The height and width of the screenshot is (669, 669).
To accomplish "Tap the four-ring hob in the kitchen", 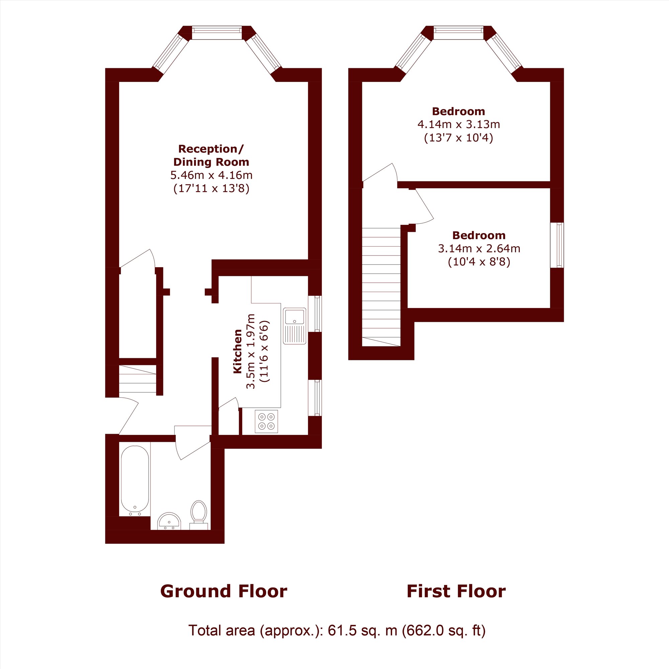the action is tap(266, 421).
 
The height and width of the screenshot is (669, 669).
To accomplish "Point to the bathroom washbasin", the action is tap(169, 521).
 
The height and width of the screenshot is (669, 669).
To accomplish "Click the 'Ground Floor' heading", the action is tap(224, 591).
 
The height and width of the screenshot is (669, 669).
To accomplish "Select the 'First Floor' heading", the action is tap(456, 591).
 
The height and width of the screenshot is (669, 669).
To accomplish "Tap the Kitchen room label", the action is tap(237, 352).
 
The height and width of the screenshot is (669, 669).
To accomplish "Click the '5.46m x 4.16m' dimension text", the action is tap(211, 175).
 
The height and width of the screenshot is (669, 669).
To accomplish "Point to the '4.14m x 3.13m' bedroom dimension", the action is tap(459, 124).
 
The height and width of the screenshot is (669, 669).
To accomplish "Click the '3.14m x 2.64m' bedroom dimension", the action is tap(479, 249).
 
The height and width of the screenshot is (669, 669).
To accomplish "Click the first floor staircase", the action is tap(381, 287).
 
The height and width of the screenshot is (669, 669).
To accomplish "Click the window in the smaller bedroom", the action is tap(557, 245).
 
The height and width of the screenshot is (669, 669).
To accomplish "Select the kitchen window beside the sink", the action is tap(315, 314).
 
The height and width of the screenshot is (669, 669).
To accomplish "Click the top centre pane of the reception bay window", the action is tap(216, 30).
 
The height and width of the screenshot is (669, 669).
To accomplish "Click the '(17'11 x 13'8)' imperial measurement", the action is tap(211, 189).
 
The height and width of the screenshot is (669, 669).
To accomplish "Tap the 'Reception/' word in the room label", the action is tap(211, 149).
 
